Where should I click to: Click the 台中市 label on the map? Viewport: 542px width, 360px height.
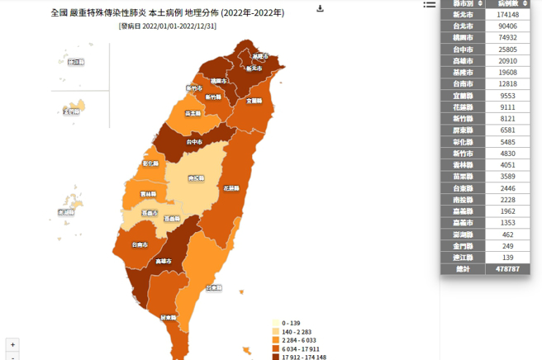click(x=196, y=142)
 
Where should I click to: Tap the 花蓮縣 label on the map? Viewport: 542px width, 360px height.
click(x=231, y=188)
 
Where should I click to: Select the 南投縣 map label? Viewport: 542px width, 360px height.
click(x=197, y=178)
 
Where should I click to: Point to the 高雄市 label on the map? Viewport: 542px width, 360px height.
click(x=165, y=262)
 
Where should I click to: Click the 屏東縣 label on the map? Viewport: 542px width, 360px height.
click(x=169, y=316)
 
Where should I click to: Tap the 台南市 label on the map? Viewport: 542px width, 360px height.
click(x=140, y=245)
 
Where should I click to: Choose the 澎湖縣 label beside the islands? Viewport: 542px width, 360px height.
click(x=65, y=213)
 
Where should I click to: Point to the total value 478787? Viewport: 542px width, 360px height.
click(x=508, y=269)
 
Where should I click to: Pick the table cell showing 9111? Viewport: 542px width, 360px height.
click(x=508, y=107)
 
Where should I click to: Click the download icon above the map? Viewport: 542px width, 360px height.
click(x=321, y=9)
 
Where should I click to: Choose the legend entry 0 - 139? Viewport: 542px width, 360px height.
click(x=290, y=322)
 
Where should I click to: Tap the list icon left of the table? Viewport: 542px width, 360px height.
click(x=430, y=5)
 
